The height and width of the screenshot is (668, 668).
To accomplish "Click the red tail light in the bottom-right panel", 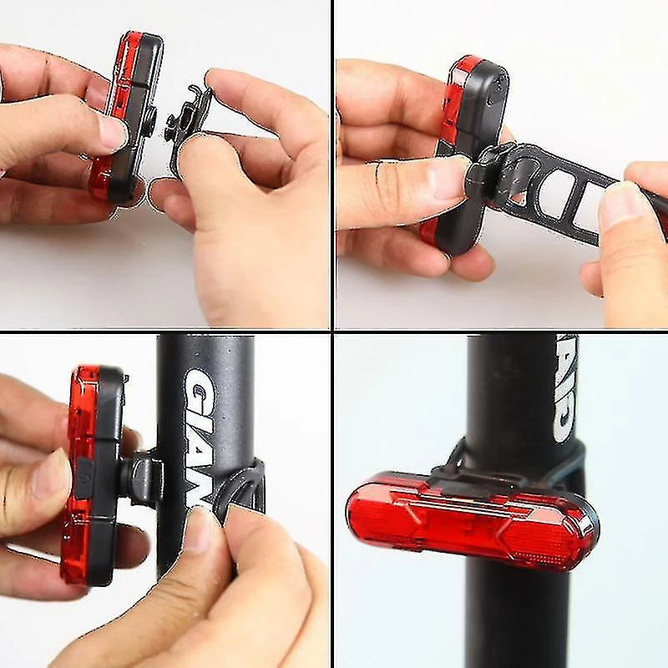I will point(472,522).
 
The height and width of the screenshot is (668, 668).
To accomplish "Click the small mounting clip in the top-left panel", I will point(188,125).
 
